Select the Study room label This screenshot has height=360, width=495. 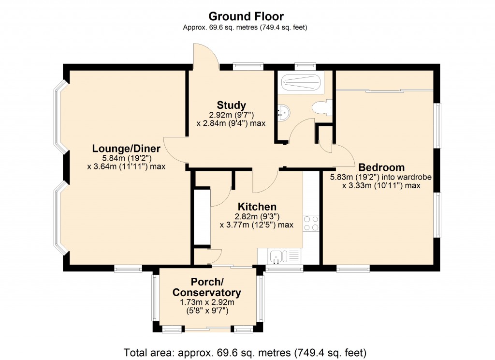231,105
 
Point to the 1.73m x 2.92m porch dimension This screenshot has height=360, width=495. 207,302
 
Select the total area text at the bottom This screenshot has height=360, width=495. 245,351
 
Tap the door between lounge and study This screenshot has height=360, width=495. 175,150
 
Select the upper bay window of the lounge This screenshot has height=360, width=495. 60,117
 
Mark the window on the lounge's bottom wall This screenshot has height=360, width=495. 128,268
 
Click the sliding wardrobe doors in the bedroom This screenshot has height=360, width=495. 384,90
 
